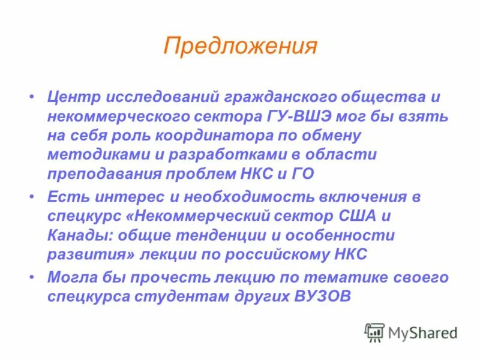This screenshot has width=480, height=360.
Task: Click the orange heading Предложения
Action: [239, 46]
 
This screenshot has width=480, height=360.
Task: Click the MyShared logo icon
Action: [375, 332]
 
